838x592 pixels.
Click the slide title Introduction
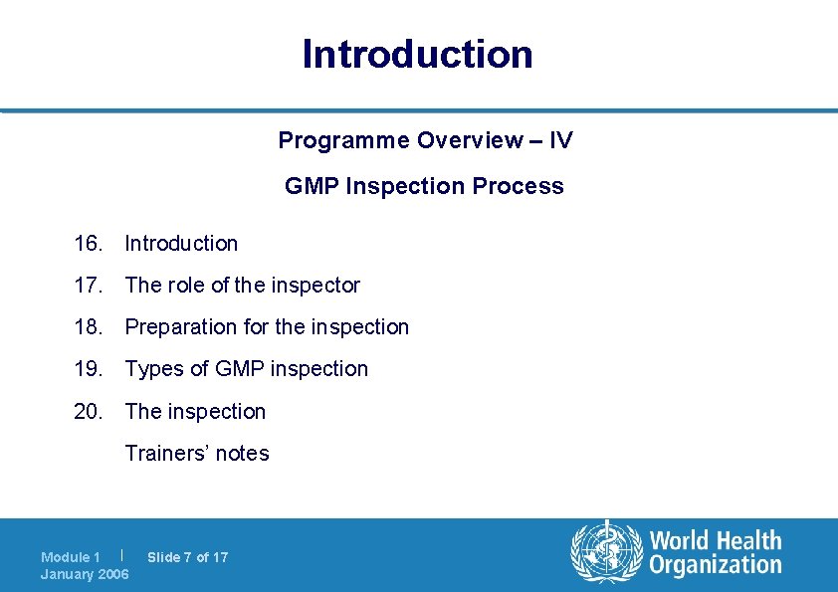(x=418, y=54)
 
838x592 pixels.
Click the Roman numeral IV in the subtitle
(x=560, y=140)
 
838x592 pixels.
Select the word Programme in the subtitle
(x=343, y=140)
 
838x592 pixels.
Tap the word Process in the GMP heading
(x=526, y=186)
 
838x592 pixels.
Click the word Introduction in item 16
(x=181, y=243)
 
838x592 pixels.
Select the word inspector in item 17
(x=315, y=286)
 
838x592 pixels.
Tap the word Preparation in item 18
(x=183, y=327)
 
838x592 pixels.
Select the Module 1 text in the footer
(x=71, y=557)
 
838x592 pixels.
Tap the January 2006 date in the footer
(x=85, y=574)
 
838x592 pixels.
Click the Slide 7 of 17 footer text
(x=187, y=557)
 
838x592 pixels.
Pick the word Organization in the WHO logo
(x=716, y=565)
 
